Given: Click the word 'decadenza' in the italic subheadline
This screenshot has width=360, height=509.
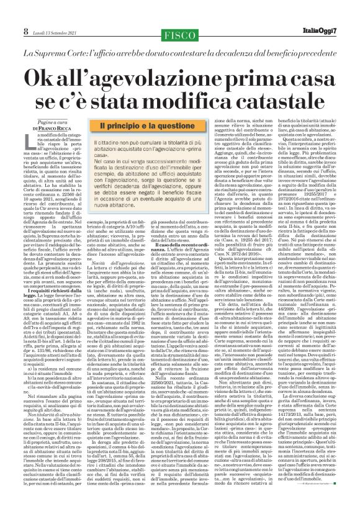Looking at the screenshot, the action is pos(240,37).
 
